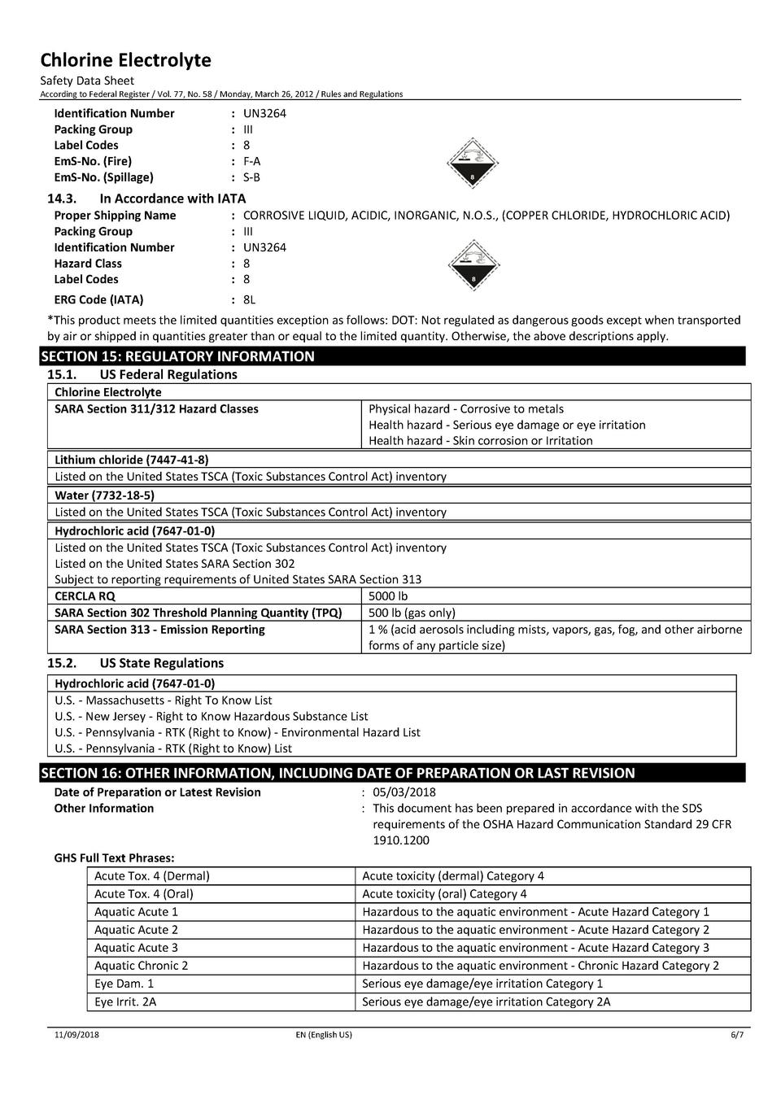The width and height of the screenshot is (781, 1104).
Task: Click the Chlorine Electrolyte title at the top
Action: click(125, 60)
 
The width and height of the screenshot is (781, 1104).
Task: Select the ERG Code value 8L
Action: click(249, 299)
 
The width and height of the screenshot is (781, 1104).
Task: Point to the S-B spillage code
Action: click(251, 177)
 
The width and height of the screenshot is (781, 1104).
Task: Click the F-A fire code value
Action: click(251, 161)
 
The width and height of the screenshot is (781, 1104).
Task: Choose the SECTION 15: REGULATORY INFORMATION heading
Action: click(177, 356)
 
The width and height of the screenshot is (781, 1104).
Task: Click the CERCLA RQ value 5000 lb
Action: click(388, 596)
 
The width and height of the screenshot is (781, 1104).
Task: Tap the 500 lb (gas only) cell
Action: click(412, 613)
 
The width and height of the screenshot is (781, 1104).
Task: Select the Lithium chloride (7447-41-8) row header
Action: click(131, 460)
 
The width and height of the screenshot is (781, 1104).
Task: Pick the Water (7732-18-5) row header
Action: click(104, 495)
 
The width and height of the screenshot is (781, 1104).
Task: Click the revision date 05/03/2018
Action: click(404, 792)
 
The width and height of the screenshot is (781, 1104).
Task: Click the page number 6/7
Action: click(736, 1035)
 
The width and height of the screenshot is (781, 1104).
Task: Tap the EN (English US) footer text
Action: click(324, 1035)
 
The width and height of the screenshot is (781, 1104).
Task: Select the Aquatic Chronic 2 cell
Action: click(141, 966)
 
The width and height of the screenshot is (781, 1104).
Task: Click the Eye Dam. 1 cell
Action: click(124, 984)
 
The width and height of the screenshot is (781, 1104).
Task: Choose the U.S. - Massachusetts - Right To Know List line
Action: click(164, 700)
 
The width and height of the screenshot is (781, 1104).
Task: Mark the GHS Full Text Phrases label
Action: click(114, 857)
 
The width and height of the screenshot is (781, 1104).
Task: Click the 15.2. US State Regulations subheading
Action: click(135, 663)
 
